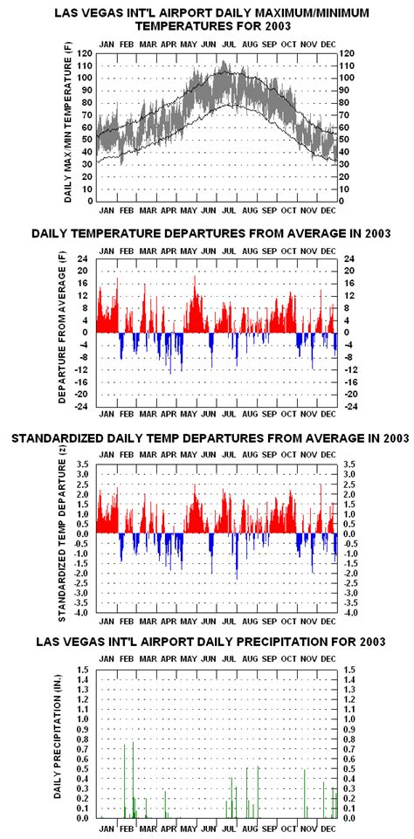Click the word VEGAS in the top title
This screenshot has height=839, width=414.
coord(120,13)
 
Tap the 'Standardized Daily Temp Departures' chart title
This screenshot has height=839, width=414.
coord(210,437)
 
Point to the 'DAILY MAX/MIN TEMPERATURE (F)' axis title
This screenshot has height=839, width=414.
coord(67,127)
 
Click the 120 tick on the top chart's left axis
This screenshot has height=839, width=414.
coord(85,53)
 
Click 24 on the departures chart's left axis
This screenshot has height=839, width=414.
coord(86,258)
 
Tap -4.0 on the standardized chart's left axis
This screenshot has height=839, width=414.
coord(83,613)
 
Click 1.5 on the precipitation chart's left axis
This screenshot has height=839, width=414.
coord(85,669)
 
